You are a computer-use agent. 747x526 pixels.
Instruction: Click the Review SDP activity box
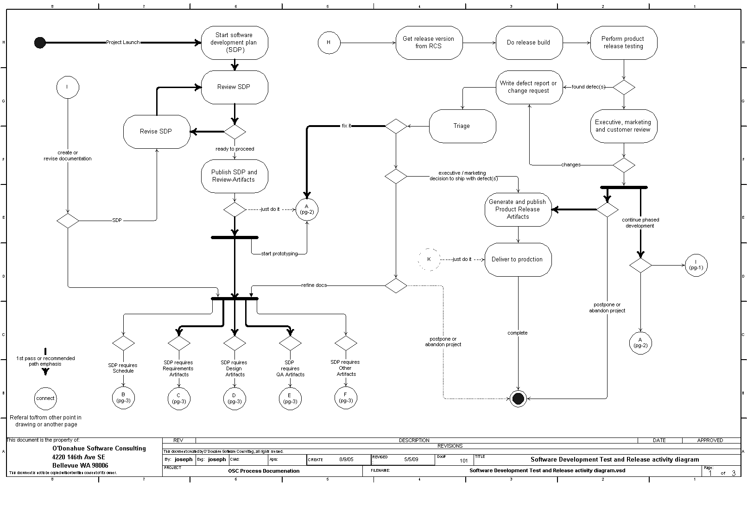234,87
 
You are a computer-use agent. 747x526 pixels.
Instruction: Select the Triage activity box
462,126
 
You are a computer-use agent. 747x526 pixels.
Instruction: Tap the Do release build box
529,43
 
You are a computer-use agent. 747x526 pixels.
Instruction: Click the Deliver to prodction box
518,260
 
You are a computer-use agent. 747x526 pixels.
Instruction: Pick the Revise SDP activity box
156,132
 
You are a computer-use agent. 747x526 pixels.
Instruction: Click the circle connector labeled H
329,43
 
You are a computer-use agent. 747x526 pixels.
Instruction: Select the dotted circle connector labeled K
429,260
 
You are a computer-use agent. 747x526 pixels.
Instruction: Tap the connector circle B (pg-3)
123,398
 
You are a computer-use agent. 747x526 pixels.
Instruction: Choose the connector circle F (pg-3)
346,398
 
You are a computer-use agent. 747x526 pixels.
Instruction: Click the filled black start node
40,43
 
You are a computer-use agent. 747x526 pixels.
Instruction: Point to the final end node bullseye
518,398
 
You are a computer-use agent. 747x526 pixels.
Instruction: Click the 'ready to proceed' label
235,149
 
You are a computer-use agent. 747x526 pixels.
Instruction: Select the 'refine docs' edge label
314,285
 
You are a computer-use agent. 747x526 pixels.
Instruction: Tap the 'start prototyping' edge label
279,253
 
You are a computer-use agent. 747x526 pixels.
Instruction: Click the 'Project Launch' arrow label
123,43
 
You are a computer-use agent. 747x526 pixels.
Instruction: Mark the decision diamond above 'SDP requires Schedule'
123,343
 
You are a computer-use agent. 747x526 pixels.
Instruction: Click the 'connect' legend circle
45,398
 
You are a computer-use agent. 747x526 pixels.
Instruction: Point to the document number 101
463,461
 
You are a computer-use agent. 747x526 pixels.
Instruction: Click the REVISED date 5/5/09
411,460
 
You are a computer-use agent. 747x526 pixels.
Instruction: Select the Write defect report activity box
529,87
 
